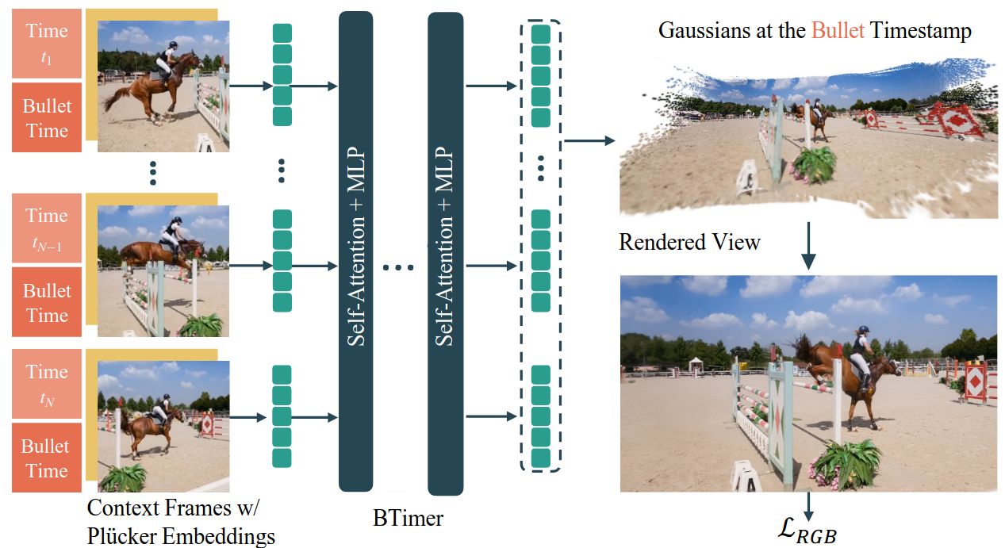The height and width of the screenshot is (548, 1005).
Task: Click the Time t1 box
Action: click(47, 44)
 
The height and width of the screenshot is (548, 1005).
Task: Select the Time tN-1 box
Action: click(47, 228)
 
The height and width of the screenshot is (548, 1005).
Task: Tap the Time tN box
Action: click(47, 384)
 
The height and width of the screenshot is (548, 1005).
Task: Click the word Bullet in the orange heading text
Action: click(838, 30)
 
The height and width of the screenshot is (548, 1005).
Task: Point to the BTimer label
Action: click(408, 518)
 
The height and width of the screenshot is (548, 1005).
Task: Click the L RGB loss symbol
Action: click(807, 531)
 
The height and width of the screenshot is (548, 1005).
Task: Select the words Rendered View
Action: click(689, 242)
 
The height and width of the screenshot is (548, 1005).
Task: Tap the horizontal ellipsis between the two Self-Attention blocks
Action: click(398, 268)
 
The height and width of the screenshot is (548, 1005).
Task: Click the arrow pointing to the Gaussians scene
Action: click(589, 141)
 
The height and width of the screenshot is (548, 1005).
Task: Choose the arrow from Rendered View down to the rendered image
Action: click(808, 246)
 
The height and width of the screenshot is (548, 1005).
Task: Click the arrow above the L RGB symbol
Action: click(808, 506)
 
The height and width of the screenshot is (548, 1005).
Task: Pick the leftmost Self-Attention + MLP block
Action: click(356, 251)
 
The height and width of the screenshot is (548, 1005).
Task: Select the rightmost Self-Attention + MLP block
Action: click(445, 254)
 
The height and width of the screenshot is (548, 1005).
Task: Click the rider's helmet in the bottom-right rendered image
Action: click(863, 330)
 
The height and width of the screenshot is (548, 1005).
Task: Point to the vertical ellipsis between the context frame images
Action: click(153, 173)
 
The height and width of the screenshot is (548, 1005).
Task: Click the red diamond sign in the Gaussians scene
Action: click(955, 120)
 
